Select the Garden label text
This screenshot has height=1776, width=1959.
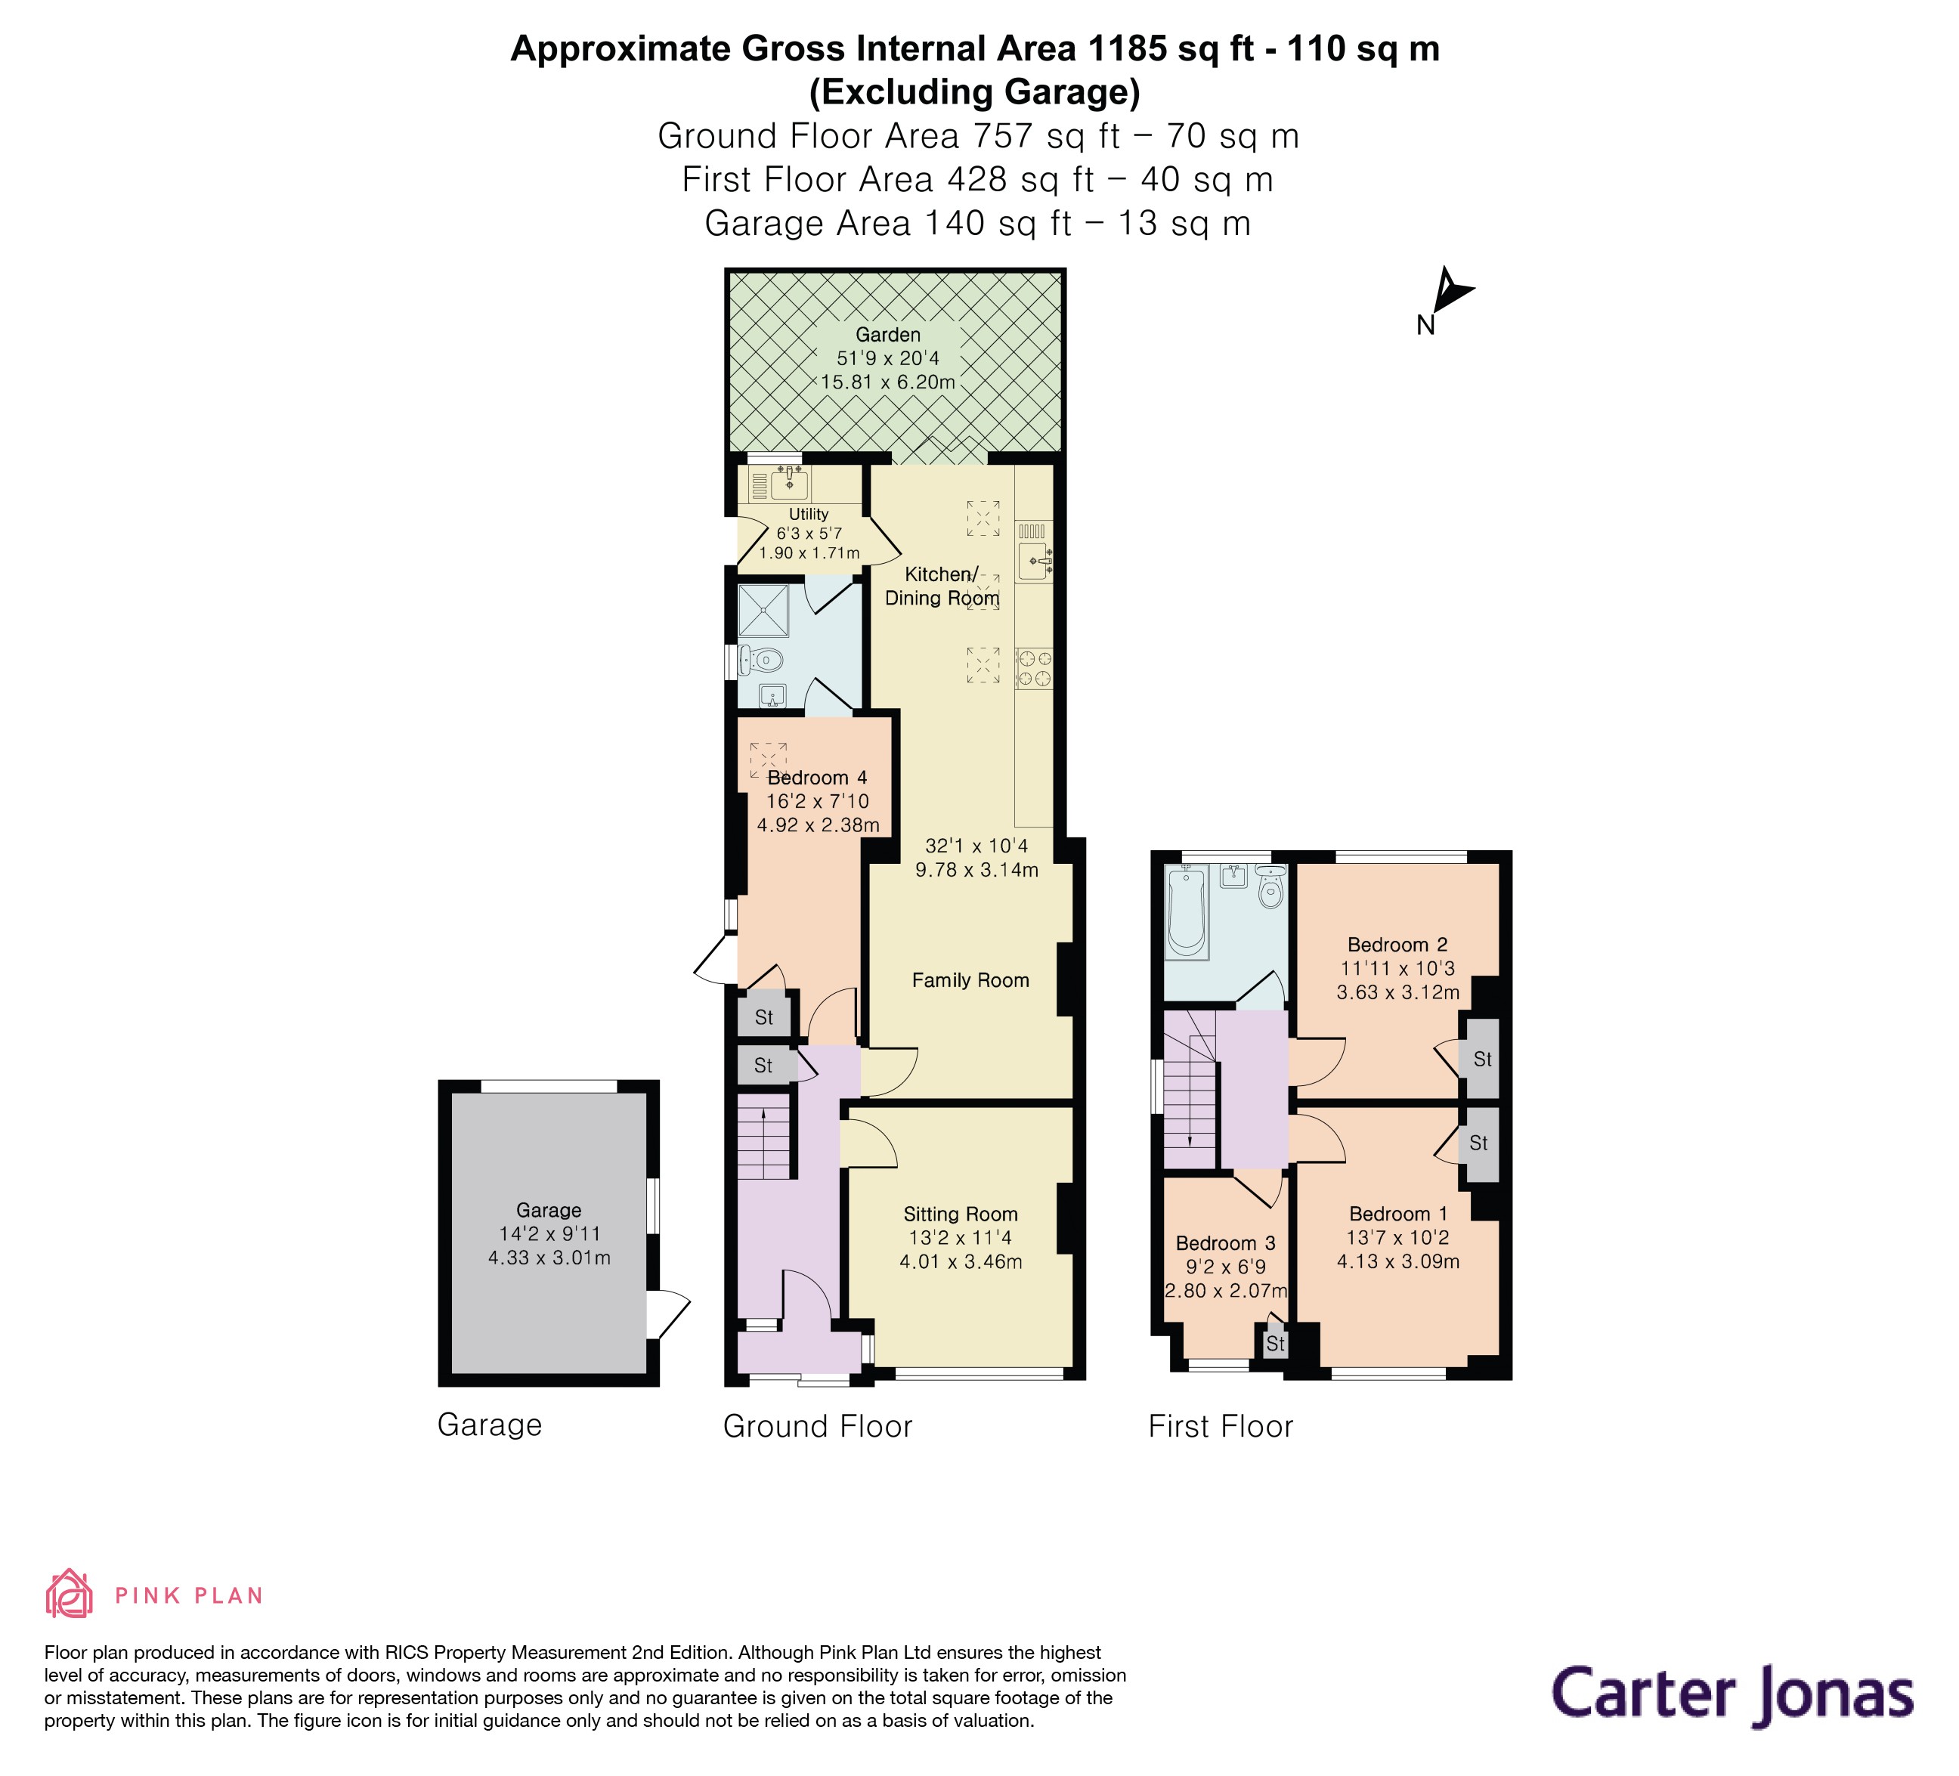click(887, 334)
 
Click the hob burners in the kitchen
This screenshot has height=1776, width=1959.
click(1034, 668)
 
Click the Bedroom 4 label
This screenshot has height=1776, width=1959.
click(816, 777)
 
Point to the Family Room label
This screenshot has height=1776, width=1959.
click(970, 980)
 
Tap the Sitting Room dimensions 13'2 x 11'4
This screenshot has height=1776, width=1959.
click(959, 1238)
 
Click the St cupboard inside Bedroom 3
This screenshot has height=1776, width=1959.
click(1275, 1344)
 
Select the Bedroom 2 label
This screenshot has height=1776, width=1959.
click(1397, 945)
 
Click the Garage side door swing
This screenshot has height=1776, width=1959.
click(669, 1313)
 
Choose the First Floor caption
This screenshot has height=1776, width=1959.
click(1221, 1426)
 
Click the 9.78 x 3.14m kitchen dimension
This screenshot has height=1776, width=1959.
click(976, 870)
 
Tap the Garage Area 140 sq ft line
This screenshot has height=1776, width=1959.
click(976, 224)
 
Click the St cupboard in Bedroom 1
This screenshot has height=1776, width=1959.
click(1478, 1143)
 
